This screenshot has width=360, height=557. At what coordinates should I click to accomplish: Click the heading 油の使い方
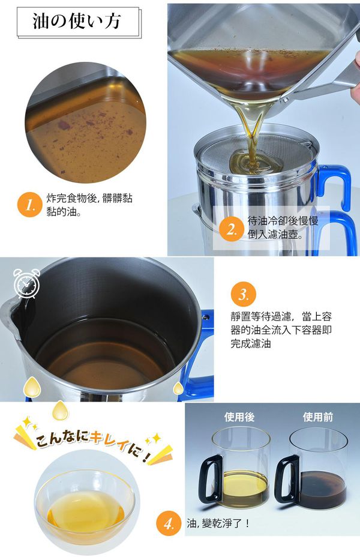(76, 22)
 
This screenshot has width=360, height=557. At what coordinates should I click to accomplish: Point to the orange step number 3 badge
(243, 295)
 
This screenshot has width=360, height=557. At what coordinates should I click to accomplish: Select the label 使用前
(316, 417)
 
